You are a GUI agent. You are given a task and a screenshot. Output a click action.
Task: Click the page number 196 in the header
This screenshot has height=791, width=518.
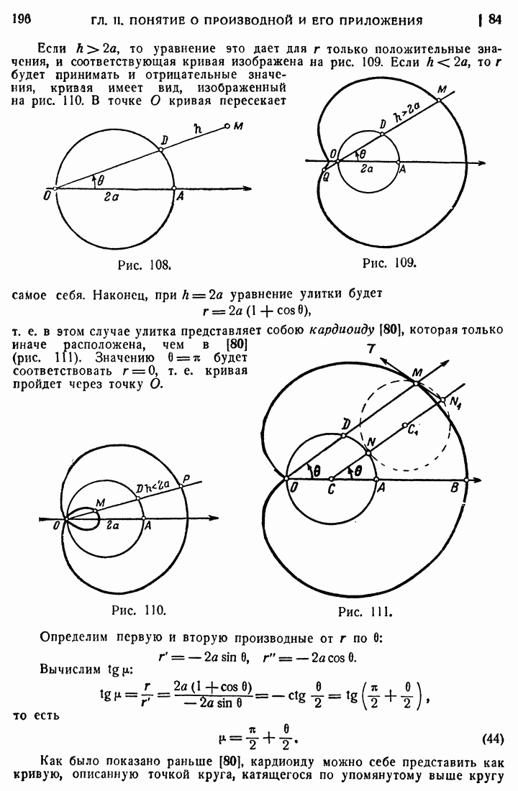point(24,19)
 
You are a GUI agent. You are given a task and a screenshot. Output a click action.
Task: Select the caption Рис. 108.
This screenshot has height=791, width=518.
point(144,265)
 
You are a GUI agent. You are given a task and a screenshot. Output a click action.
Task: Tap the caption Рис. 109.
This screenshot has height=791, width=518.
point(389,262)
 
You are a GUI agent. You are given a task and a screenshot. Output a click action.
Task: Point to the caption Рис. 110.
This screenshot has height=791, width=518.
point(140,611)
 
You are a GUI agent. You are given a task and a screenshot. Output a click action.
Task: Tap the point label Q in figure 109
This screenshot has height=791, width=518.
point(326,175)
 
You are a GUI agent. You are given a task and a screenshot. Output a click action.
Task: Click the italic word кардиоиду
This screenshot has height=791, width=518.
point(340,331)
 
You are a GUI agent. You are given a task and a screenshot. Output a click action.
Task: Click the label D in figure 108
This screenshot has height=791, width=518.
point(165,139)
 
